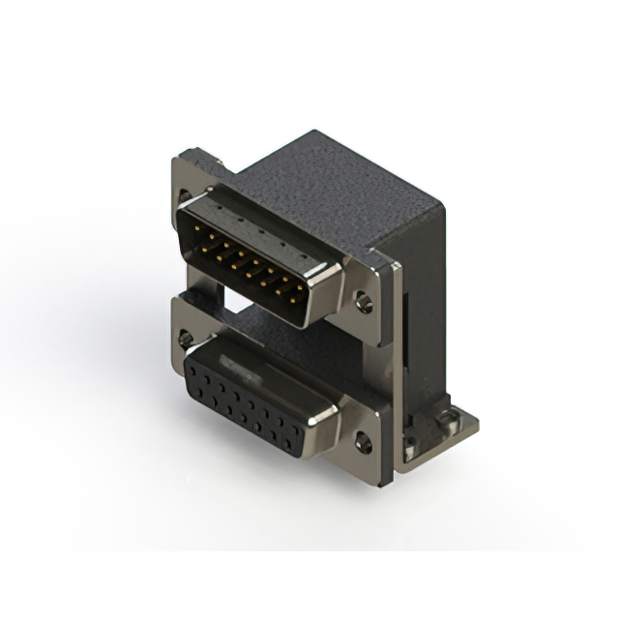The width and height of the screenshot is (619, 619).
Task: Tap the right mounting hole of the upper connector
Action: pyautogui.click(x=364, y=303)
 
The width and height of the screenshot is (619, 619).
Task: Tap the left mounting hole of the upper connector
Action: pyautogui.click(x=186, y=196)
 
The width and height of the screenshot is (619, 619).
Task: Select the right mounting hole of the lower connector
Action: pyautogui.click(x=363, y=444)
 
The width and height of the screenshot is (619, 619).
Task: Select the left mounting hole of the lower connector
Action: pyautogui.click(x=186, y=339)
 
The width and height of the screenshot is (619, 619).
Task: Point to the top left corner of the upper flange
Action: pyautogui.click(x=178, y=161)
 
